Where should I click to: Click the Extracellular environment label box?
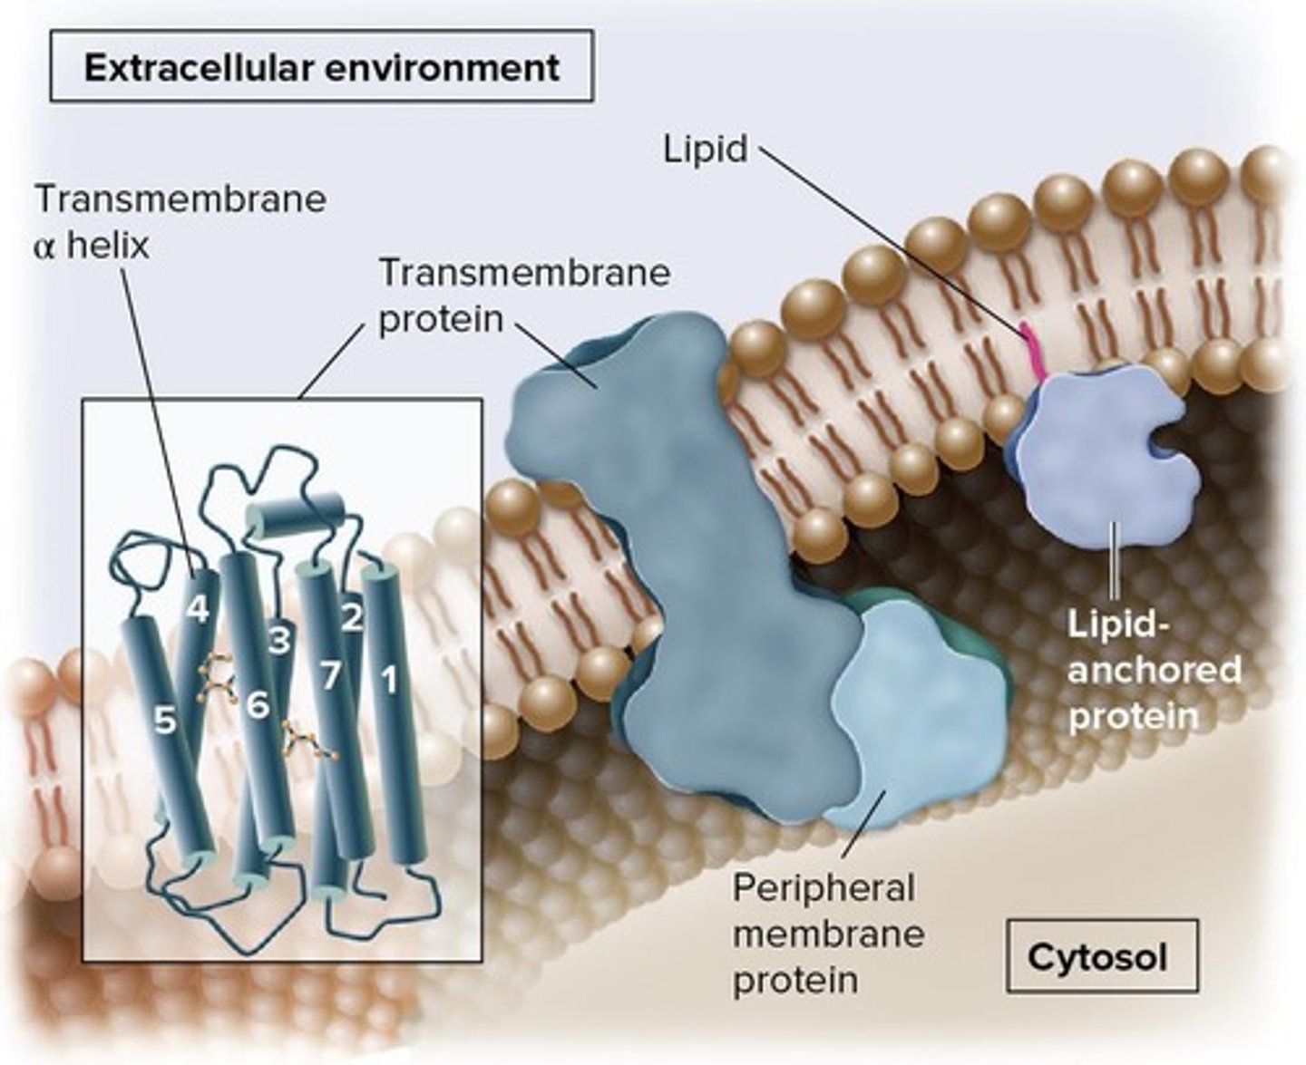tap(321, 66)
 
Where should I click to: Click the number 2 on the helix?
tap(352, 617)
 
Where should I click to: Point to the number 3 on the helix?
tap(280, 641)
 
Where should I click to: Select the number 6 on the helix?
tap(258, 704)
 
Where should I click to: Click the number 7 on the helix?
tap(330, 675)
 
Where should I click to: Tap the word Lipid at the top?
tap(706, 150)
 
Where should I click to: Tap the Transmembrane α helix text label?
tap(179, 221)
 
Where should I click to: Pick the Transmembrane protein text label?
tap(523, 295)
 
